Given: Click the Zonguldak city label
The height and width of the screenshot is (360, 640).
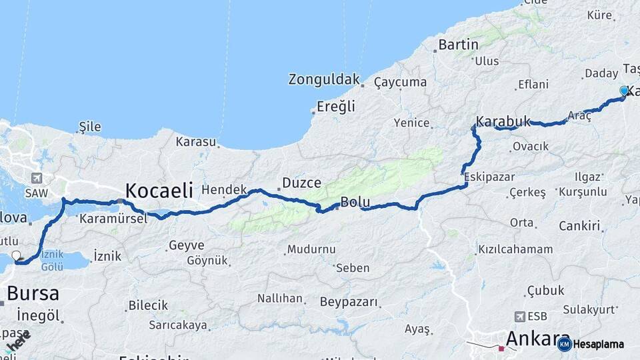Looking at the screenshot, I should [324, 79].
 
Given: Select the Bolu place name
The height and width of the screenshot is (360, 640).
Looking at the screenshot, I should [355, 202].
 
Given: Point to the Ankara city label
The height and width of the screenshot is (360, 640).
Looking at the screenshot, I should [532, 339].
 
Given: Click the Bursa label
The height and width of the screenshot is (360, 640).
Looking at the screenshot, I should [33, 293].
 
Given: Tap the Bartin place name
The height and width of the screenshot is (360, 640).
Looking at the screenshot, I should [459, 45].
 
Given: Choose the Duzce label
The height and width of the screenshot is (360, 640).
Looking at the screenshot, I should [301, 182].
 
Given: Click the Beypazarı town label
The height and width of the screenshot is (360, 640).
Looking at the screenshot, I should [349, 302].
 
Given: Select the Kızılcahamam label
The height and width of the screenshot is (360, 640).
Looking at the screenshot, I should [515, 249].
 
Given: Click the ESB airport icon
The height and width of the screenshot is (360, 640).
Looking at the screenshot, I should [520, 316].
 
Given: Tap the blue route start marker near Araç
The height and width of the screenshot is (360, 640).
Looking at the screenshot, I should [624, 91].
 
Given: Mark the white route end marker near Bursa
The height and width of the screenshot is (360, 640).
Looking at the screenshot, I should [17, 255].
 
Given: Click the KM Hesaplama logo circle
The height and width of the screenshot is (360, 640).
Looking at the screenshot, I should [564, 344].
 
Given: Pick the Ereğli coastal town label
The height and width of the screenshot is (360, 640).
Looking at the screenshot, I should [337, 106].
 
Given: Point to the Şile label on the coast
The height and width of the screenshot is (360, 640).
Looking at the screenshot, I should [89, 126].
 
